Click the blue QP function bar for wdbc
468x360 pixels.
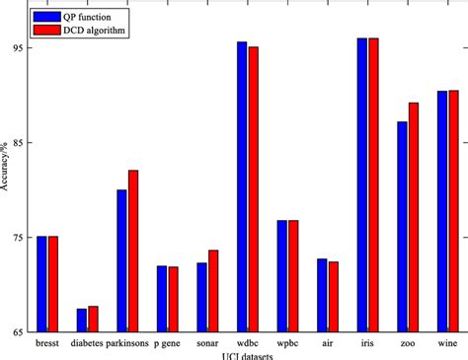[242, 187]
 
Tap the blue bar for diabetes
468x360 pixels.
[82, 321]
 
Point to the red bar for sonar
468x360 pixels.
[213, 291]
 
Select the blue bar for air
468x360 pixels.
[322, 296]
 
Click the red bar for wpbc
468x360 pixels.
[293, 276]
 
